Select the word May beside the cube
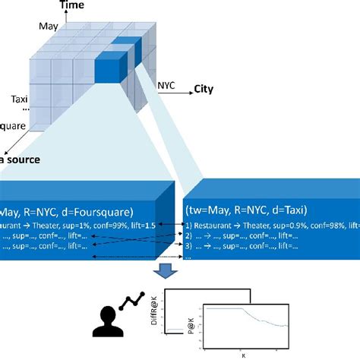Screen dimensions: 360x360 pyautogui.click(x=48, y=27)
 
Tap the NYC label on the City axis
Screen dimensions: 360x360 pyautogui.click(x=166, y=86)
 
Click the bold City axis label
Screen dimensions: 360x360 pyautogui.click(x=203, y=88)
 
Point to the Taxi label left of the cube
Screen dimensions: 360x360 pyautogui.click(x=20, y=99)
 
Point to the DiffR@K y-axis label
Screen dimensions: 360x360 pyautogui.click(x=156, y=314)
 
